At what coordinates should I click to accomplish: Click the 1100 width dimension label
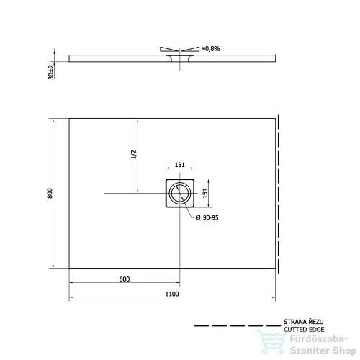point(172,294)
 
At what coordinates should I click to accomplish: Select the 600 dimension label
point(125,279)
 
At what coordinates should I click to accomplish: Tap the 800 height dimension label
point(50,193)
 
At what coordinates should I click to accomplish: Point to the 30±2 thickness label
point(51,72)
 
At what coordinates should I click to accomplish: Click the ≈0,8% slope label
point(210,49)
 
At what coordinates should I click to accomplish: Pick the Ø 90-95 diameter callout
point(207,217)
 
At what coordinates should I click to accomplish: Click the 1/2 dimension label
point(134,154)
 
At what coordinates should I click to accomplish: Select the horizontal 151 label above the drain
point(179,165)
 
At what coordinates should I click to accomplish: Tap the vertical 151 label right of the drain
point(205,193)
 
